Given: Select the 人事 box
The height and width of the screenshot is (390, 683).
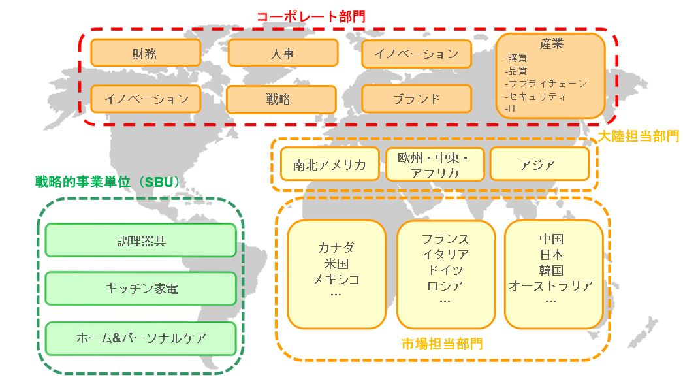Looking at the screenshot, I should click(x=282, y=53).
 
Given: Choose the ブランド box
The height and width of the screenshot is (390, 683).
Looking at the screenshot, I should click(x=416, y=99).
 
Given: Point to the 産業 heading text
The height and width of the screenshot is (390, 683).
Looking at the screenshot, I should click(x=551, y=44).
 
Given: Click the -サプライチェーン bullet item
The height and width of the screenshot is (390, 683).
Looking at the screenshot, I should click(x=546, y=84).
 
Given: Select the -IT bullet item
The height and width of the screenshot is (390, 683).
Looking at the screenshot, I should click(x=511, y=108).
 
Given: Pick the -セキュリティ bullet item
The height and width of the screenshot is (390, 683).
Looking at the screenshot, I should click(x=535, y=96).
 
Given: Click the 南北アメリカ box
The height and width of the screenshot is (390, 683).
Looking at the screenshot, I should click(x=329, y=165).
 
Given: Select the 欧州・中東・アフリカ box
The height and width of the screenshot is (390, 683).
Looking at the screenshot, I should click(x=435, y=165).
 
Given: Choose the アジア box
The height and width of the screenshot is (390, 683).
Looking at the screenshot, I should click(x=539, y=165).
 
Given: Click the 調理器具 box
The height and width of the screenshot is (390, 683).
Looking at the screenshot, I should click(x=140, y=240).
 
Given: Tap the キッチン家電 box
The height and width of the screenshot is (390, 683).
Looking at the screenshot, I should click(x=140, y=288).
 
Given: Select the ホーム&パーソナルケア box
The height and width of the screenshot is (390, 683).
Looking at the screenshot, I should click(x=140, y=338).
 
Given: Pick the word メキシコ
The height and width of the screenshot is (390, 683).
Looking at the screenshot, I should click(x=336, y=279).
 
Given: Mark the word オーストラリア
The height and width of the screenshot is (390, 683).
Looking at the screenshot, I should click(x=551, y=285).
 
